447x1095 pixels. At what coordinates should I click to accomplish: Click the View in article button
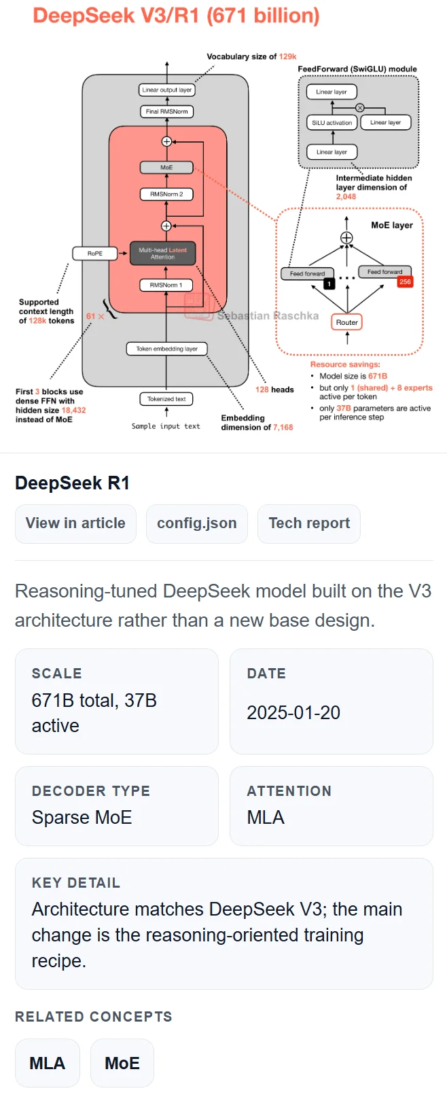(75, 523)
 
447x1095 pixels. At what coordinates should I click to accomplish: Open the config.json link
(196, 523)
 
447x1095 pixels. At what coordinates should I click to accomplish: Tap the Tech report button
(309, 523)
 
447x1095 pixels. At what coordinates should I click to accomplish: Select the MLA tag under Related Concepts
(48, 1063)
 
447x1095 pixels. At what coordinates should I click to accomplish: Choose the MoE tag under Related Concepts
(122, 1063)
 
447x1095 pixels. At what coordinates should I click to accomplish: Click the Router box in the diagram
(346, 322)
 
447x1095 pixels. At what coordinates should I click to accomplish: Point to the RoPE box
(95, 254)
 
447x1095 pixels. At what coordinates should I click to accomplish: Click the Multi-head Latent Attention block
(163, 254)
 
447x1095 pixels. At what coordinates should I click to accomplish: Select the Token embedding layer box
(166, 349)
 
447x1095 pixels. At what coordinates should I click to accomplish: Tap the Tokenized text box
(166, 399)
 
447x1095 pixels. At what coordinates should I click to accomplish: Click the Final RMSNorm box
(166, 111)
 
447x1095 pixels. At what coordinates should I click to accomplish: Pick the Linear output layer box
(166, 90)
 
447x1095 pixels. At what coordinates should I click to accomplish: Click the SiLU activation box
(332, 123)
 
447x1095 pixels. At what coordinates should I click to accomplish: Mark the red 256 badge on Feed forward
(405, 281)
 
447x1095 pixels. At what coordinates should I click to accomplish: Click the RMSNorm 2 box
(166, 194)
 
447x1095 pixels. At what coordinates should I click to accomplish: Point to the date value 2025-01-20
(293, 712)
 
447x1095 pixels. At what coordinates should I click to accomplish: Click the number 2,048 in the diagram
(346, 196)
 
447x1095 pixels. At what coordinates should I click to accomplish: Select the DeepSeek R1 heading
(72, 483)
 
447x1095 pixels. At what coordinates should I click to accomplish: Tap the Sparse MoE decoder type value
(82, 817)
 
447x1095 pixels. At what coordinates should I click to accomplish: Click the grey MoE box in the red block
(166, 167)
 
